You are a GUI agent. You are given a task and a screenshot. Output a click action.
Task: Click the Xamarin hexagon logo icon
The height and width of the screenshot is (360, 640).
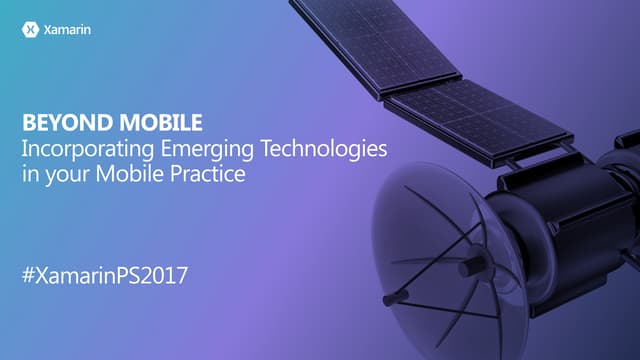[30, 30]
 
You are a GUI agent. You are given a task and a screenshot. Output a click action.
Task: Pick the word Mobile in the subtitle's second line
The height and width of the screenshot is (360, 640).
[146, 174]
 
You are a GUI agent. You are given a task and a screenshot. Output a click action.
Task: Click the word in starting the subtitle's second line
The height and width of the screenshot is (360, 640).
[28, 174]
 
